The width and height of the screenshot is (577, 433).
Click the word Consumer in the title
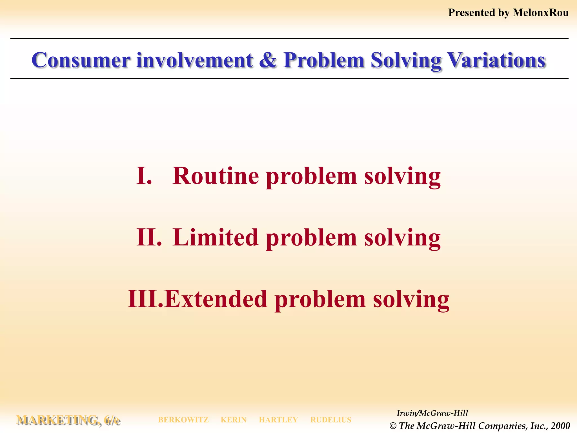(81, 60)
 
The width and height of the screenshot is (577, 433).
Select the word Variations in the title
(496, 60)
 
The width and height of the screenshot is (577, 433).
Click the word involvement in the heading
(195, 60)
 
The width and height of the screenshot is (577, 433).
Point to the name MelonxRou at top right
(540, 13)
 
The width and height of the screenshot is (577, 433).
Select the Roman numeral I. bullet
(144, 176)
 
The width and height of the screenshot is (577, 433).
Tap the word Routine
(216, 176)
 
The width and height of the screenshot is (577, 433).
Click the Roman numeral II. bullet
(149, 237)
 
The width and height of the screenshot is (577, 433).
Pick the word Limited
(216, 237)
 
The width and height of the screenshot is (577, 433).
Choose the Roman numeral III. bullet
(145, 299)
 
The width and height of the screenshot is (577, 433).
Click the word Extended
(216, 299)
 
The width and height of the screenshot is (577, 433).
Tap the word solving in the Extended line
(411, 299)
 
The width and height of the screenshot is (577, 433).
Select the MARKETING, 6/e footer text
(68, 420)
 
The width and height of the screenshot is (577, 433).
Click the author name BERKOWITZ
(183, 420)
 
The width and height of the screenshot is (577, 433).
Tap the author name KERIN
(234, 420)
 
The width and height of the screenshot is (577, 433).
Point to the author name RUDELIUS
(331, 420)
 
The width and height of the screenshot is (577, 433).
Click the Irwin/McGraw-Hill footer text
(432, 413)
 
